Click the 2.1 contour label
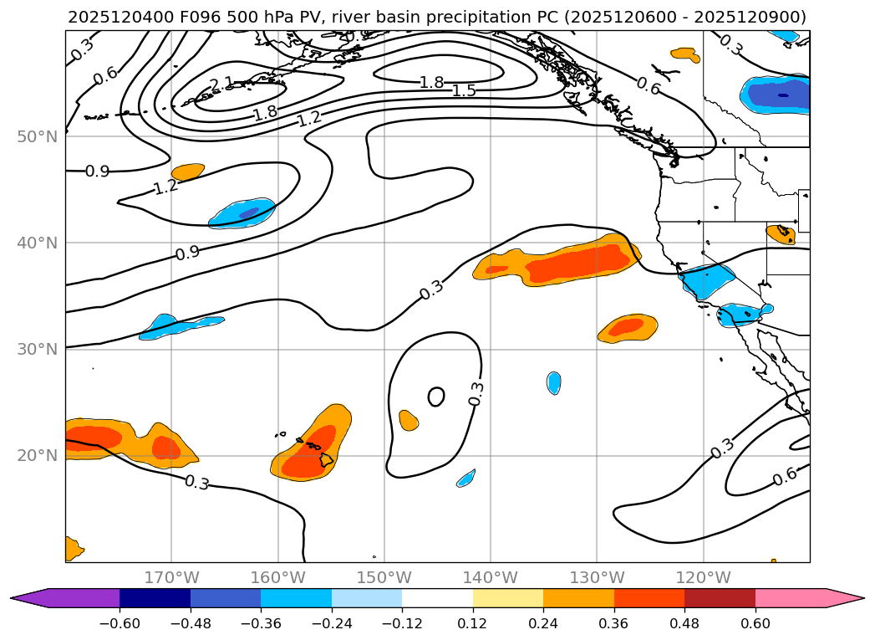pyautogui.click(x=221, y=84)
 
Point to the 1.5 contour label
pyautogui.click(x=464, y=90)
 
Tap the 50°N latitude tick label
pyautogui.click(x=37, y=136)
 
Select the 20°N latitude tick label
pyautogui.click(x=37, y=456)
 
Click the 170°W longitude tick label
pyautogui.click(x=171, y=577)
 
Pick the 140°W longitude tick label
pyautogui.click(x=491, y=577)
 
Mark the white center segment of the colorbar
pyautogui.click(x=437, y=598)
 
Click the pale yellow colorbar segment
pyautogui.click(x=508, y=598)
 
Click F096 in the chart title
pyautogui.click(x=194, y=17)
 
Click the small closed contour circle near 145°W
pyautogui.click(x=436, y=397)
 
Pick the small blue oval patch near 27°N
pyautogui.click(x=553, y=383)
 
